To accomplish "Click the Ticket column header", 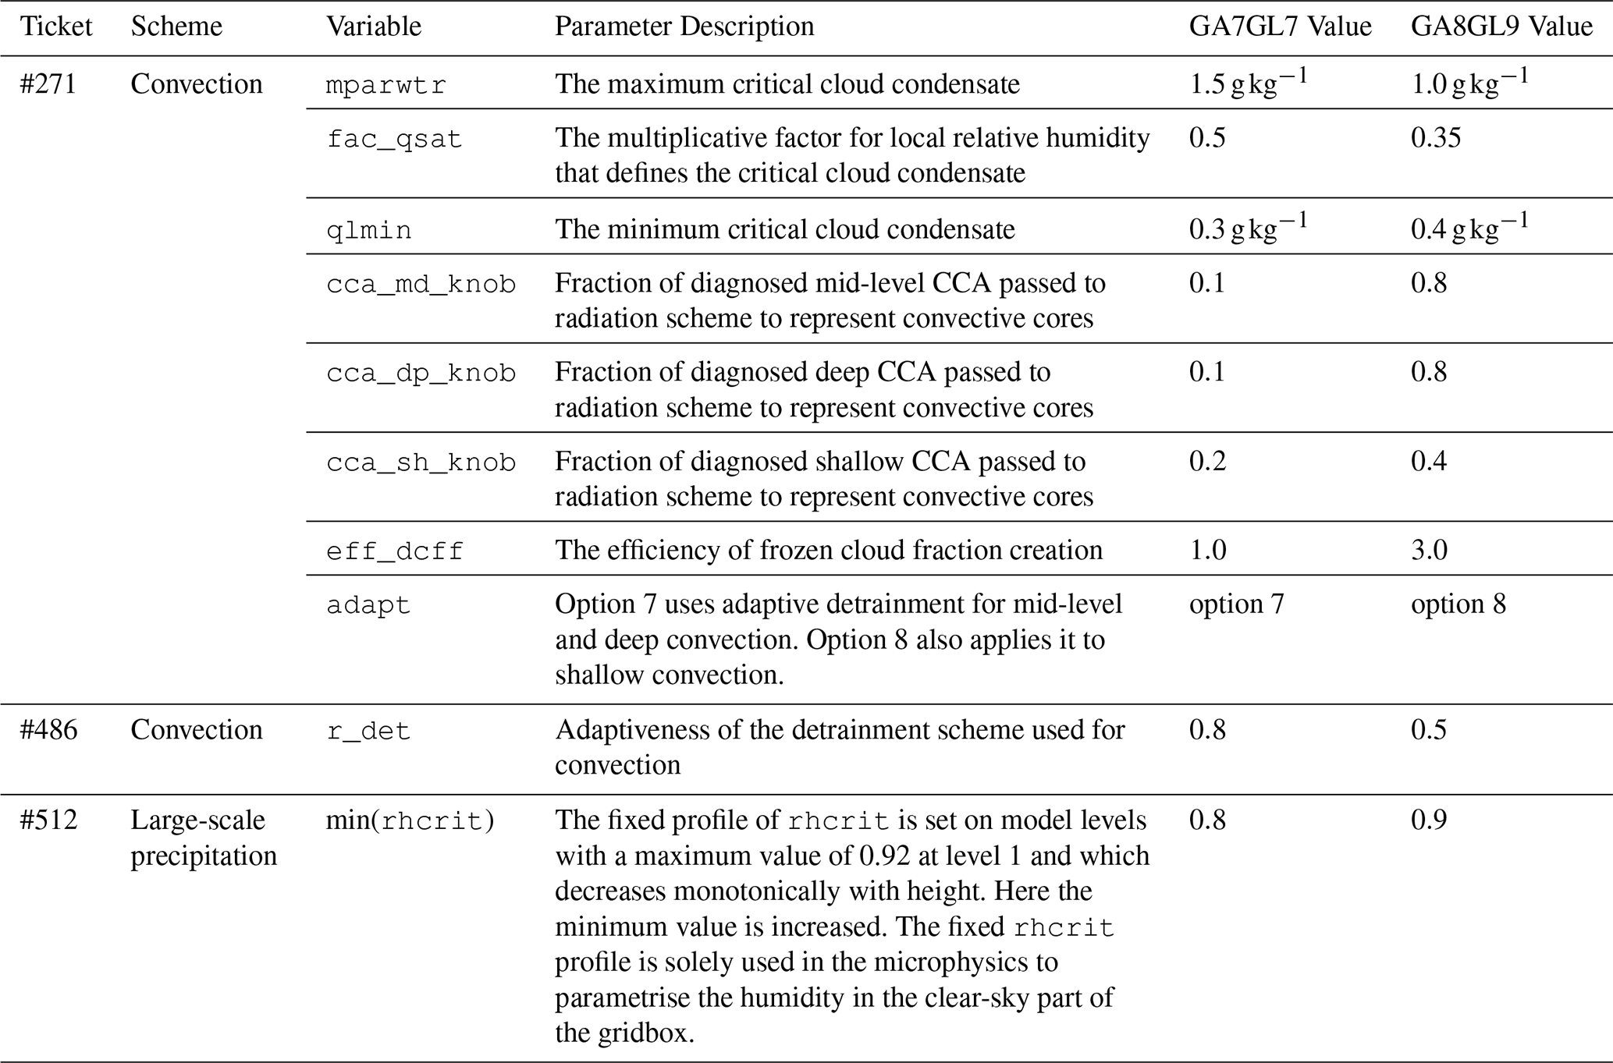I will (x=56, y=27).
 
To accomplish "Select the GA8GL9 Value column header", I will (x=1501, y=27).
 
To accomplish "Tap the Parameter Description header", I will (x=684, y=27).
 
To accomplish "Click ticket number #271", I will (x=48, y=84).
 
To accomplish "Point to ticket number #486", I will (x=48, y=730).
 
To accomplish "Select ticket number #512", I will (x=48, y=820).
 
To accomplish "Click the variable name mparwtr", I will (x=386, y=85).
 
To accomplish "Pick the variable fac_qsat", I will (x=394, y=140).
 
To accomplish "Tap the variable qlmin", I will (x=368, y=231).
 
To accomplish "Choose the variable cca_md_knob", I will (x=421, y=284).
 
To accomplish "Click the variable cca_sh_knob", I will (x=421, y=462).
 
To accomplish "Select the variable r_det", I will (x=368, y=732).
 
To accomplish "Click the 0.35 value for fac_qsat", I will (x=1436, y=138).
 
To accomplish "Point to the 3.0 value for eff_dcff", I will (x=1429, y=551).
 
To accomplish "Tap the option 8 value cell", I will (x=1458, y=604).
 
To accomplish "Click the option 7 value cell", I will (x=1236, y=604).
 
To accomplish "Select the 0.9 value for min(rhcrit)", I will (x=1429, y=820).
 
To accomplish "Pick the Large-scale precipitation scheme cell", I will (x=203, y=838).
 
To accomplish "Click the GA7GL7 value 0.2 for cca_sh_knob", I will (x=1207, y=461).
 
